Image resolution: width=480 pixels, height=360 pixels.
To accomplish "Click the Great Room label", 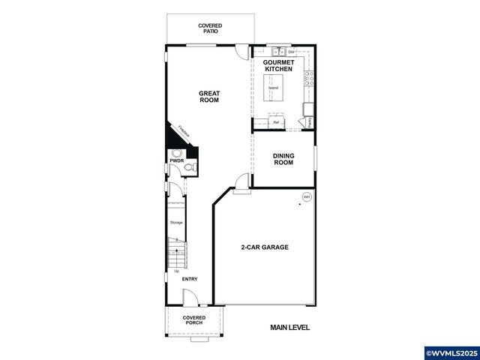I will tap(208, 97).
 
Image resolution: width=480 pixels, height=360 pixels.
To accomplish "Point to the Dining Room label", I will tap(283, 159).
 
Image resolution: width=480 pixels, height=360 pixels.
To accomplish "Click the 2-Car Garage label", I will tap(264, 247).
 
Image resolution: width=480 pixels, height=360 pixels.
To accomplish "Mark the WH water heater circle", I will tap(306, 197).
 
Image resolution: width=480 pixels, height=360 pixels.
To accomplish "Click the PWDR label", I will tap(177, 160).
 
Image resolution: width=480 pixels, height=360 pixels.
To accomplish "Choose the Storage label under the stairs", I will tap(176, 223).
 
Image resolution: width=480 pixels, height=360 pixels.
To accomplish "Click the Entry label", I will tap(189, 279).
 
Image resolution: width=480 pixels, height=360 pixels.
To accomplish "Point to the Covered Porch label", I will tap(194, 321).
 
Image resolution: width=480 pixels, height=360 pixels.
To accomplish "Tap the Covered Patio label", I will tap(209, 28).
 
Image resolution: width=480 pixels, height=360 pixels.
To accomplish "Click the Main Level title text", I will tap(289, 328).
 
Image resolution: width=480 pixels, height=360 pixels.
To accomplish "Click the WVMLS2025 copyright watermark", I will tap(451, 352).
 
